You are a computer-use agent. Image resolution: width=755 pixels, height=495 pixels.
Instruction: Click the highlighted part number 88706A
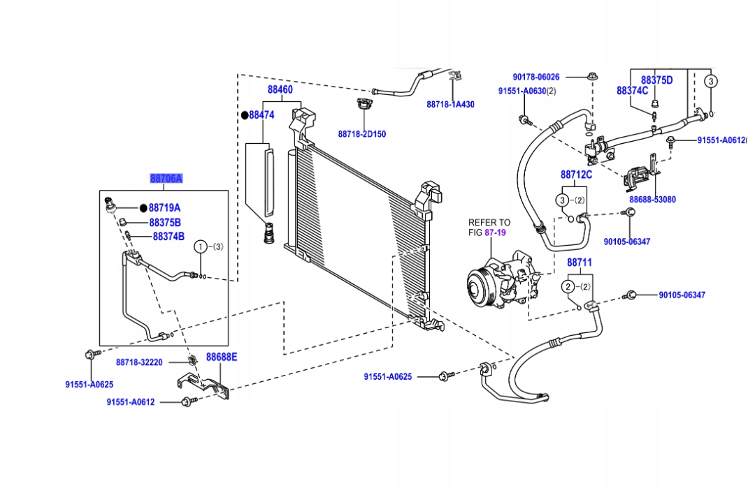[166, 179]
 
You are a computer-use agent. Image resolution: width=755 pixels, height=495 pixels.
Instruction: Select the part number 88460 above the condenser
[280, 90]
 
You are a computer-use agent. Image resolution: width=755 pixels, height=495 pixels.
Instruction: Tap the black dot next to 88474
[245, 115]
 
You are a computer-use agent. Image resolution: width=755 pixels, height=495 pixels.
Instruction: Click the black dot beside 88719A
[143, 208]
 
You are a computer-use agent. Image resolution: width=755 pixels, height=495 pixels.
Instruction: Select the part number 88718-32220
[139, 362]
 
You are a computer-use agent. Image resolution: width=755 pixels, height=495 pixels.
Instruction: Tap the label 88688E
[221, 357]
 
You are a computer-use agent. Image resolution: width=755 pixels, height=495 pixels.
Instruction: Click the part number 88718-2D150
[361, 134]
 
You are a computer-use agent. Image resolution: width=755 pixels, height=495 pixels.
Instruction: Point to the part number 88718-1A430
[450, 104]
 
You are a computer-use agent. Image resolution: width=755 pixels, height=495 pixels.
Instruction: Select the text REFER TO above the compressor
[489, 223]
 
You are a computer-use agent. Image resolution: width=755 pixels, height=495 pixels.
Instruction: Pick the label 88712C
[576, 175]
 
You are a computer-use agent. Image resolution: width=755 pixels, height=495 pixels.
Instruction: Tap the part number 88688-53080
[652, 200]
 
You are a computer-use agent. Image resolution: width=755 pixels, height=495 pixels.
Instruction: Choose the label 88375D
[656, 80]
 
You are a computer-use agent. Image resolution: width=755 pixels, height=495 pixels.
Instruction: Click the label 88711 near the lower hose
[579, 263]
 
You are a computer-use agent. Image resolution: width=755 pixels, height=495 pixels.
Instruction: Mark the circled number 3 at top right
[710, 81]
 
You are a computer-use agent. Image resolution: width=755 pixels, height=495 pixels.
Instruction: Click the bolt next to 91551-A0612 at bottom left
[187, 401]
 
